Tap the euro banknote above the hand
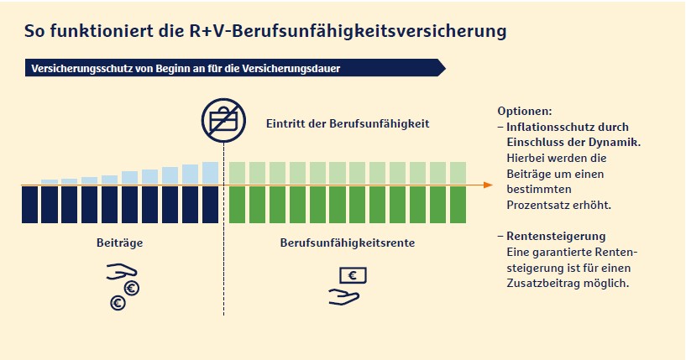[x=353, y=274]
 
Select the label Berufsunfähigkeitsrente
[x=347, y=243]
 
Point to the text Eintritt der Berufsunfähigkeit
[x=348, y=123]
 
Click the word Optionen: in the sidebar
[x=525, y=111]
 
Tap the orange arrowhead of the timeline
[x=488, y=185]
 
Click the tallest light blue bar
[x=210, y=171]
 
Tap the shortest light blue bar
[x=50, y=180]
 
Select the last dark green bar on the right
[x=458, y=204]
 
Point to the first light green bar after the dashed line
[x=237, y=171]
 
